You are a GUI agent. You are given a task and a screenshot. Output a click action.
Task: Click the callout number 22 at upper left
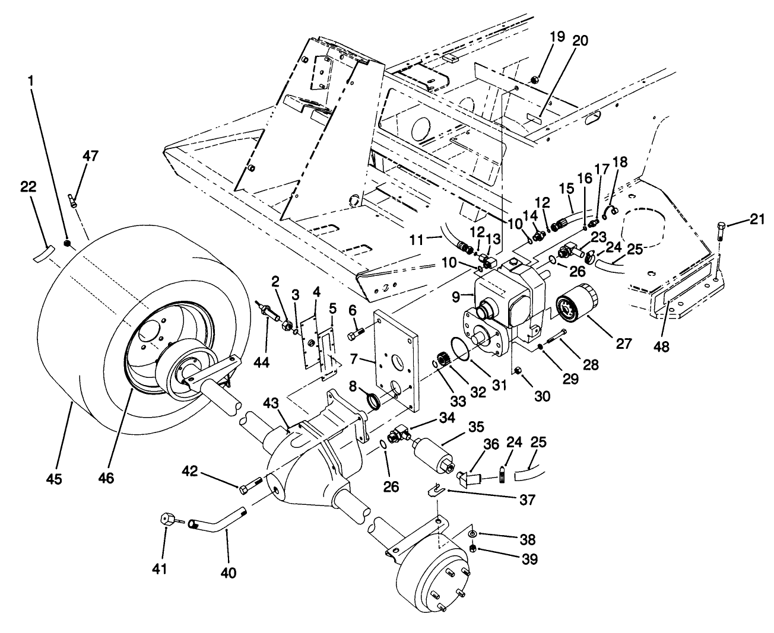[x=27, y=187]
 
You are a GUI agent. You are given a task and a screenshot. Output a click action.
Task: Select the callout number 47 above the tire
[x=91, y=156]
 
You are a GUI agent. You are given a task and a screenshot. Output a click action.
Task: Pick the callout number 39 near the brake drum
[x=526, y=559]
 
